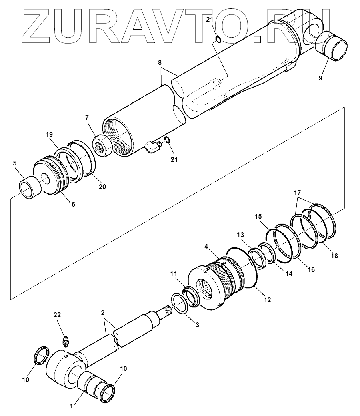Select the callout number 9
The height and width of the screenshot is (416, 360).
tap(320, 78)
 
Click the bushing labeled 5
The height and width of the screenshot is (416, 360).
tap(31, 188)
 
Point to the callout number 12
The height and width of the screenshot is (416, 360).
tap(267, 299)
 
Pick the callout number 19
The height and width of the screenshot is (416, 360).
tap(50, 134)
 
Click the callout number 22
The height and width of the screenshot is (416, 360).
tap(57, 315)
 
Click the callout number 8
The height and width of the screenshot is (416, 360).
tap(160, 62)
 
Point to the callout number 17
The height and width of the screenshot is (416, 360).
tap(298, 192)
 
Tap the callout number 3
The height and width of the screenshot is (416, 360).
tap(196, 326)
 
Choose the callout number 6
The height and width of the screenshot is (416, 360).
tap(73, 204)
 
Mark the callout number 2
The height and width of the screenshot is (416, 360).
tap(103, 312)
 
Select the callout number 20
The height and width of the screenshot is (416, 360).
tap(102, 186)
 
